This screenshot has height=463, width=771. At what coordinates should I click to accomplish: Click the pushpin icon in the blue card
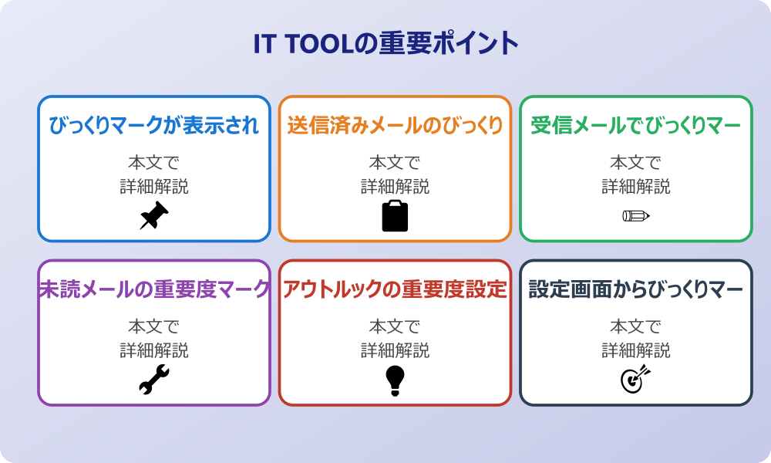click(x=154, y=215)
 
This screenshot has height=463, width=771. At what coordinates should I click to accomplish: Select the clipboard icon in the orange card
click(x=395, y=215)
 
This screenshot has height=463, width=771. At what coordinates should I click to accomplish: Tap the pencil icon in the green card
click(x=636, y=215)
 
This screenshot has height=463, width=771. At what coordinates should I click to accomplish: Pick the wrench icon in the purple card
click(x=154, y=380)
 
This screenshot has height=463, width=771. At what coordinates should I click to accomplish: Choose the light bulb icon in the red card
click(x=395, y=380)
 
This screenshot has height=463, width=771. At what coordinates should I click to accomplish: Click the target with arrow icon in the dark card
click(x=636, y=379)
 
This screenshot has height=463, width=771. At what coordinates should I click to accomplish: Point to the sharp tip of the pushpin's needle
click(x=140, y=229)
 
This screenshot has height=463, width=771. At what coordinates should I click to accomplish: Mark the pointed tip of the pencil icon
click(x=649, y=215)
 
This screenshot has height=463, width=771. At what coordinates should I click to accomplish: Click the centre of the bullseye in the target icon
click(x=631, y=381)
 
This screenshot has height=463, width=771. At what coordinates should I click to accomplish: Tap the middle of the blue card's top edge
click(x=154, y=96)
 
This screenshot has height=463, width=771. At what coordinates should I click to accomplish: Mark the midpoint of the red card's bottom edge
click(x=395, y=404)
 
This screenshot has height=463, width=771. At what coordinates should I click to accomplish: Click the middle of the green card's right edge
click(x=751, y=169)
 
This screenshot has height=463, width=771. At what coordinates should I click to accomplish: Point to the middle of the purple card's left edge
click(x=39, y=333)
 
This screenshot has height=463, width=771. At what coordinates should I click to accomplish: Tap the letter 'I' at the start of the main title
click(x=257, y=44)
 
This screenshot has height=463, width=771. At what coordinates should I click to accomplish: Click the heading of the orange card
click(x=395, y=126)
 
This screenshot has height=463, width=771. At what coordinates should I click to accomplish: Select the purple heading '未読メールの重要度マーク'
click(x=154, y=289)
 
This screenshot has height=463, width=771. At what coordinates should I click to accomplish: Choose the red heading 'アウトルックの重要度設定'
click(x=395, y=289)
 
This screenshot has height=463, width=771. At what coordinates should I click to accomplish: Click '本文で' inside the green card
click(x=636, y=162)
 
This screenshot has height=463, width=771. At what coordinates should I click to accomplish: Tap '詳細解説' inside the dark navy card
click(x=636, y=350)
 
